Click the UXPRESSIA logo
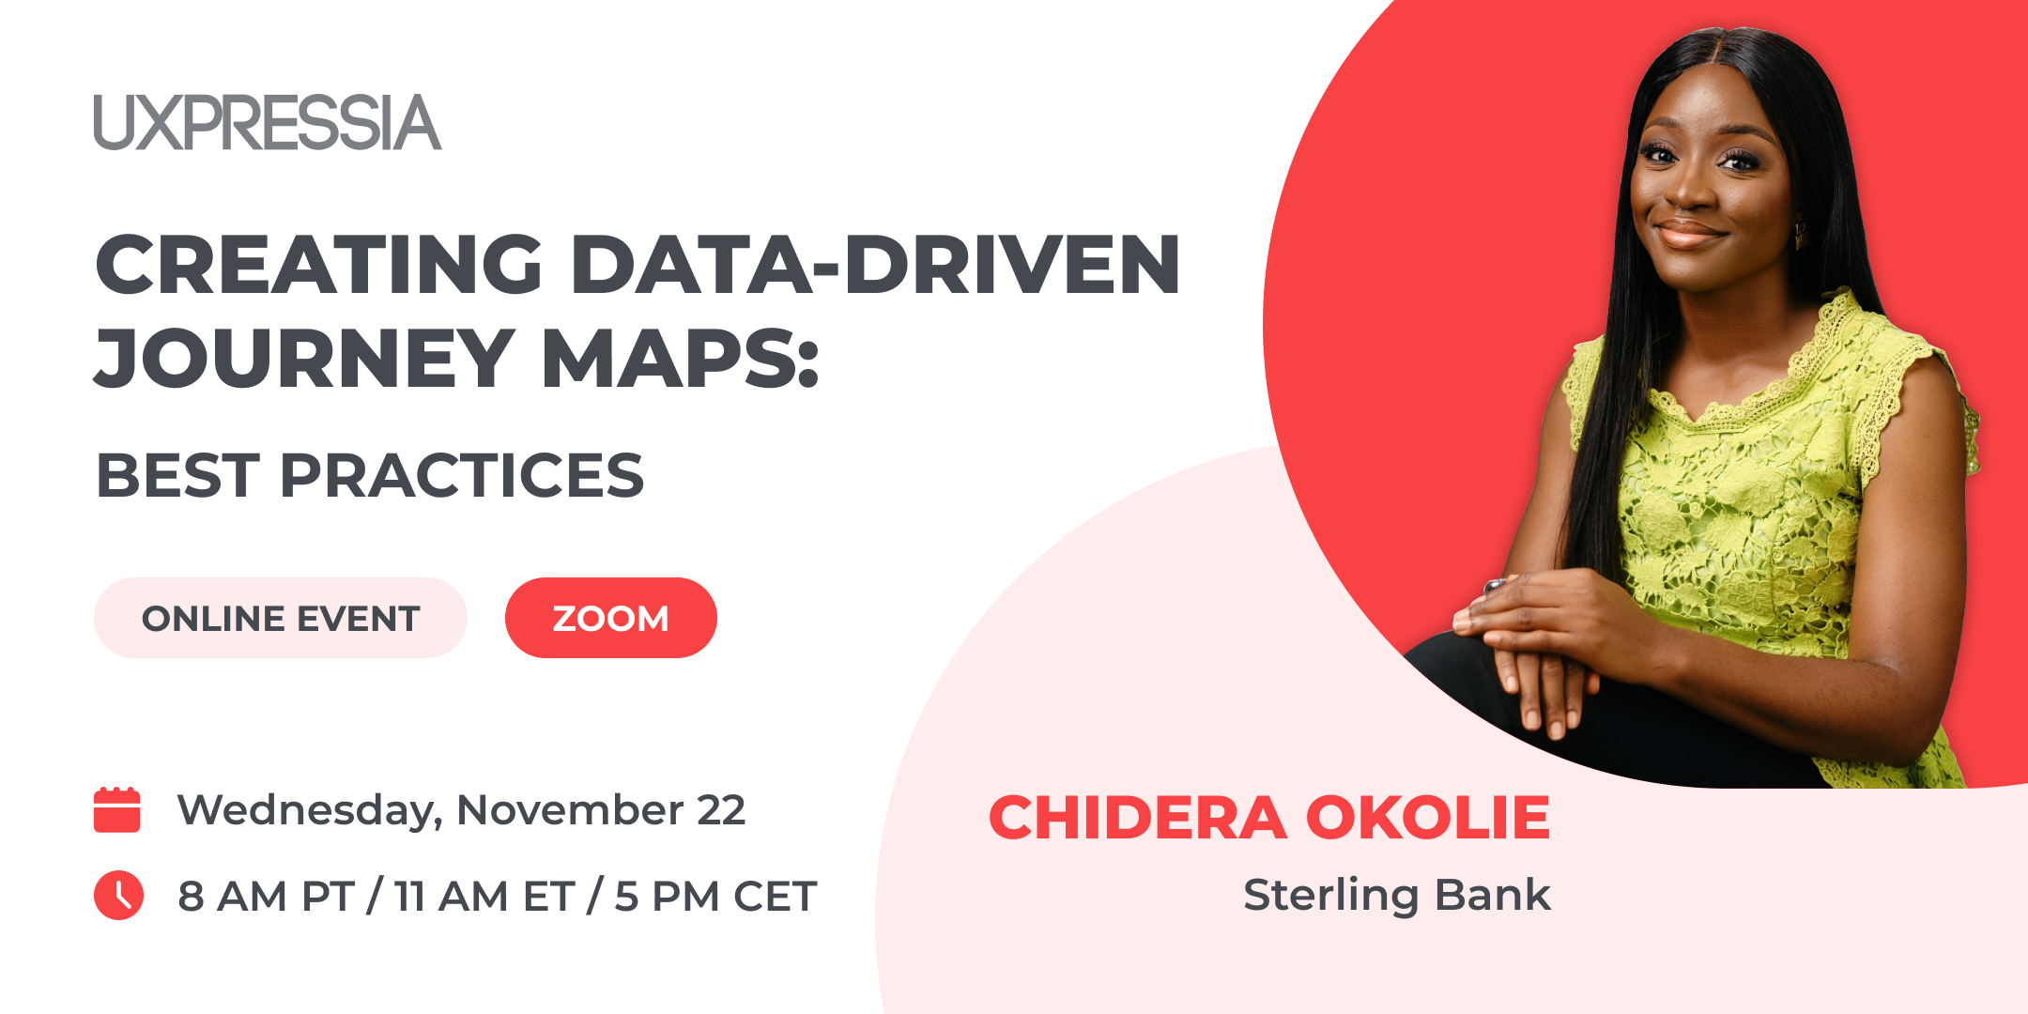[x=268, y=122]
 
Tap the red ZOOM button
[x=611, y=618]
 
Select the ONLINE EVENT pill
[x=281, y=618]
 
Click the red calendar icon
[x=117, y=809]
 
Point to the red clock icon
[x=118, y=895]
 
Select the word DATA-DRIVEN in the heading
[x=875, y=265]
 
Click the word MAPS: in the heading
[x=681, y=358]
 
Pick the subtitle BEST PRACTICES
[x=370, y=475]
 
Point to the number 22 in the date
[x=721, y=810]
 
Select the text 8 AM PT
[x=267, y=897]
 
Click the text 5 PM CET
[x=715, y=897]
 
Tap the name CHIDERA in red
[x=1138, y=817]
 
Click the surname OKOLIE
[x=1428, y=817]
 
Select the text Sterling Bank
[x=1397, y=895]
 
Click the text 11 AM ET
[x=484, y=897]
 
